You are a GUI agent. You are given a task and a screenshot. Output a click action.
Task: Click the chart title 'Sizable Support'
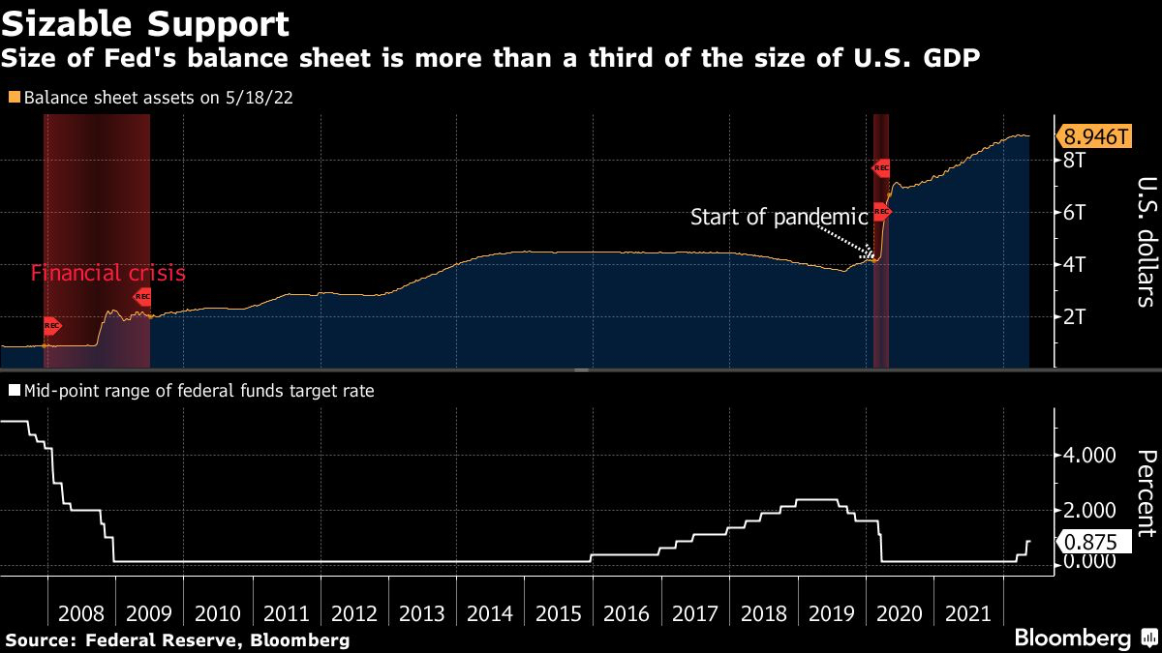pyautogui.click(x=146, y=22)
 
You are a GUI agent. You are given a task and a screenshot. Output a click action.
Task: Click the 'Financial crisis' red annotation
pyautogui.click(x=107, y=274)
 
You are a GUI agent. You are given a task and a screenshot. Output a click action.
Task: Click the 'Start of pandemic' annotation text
pyautogui.click(x=779, y=217)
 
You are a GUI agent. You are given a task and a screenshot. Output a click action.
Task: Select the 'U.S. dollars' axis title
pyautogui.click(x=1144, y=242)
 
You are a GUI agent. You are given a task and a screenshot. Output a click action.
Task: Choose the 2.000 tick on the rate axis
pyautogui.click(x=1089, y=510)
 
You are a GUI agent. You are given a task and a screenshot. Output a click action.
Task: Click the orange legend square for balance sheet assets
pyautogui.click(x=14, y=98)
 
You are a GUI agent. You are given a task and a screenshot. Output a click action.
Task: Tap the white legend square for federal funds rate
pyautogui.click(x=14, y=392)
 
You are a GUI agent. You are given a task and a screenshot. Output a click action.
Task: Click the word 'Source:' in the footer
pyautogui.click(x=42, y=640)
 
